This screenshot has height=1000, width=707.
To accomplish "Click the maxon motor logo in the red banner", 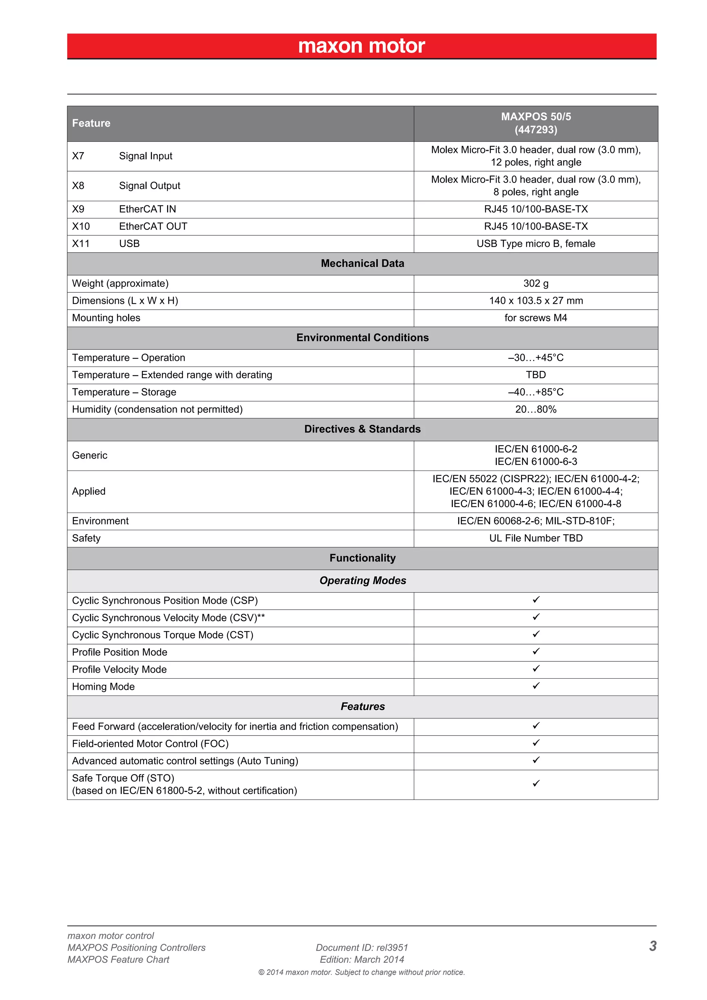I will click(x=361, y=46).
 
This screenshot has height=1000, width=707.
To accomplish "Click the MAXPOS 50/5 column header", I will click(x=535, y=123).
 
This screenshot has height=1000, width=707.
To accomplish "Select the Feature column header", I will click(x=91, y=123).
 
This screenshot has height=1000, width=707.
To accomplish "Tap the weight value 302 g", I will click(x=535, y=283).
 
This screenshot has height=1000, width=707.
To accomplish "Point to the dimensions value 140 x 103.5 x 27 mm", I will click(x=535, y=301).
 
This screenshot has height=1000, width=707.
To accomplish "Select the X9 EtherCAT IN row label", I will click(x=124, y=210).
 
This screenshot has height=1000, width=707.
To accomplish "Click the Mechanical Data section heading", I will click(x=362, y=263).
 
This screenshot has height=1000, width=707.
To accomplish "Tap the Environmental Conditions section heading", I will click(x=362, y=338).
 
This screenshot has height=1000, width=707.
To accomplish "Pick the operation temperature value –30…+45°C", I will click(x=535, y=358).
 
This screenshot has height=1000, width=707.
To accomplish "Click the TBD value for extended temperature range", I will click(x=535, y=375).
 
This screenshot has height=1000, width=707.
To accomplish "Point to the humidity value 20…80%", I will click(x=535, y=409).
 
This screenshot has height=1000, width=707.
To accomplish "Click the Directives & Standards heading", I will click(x=362, y=429).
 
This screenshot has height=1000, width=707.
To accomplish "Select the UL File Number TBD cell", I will click(x=535, y=538).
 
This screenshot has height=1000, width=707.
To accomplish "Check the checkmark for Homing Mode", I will click(x=536, y=686).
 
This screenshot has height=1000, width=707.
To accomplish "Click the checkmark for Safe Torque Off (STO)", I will click(x=536, y=784).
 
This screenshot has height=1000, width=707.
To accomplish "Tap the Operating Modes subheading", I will click(x=362, y=581).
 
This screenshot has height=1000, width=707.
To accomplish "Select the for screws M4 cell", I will click(x=535, y=318).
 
